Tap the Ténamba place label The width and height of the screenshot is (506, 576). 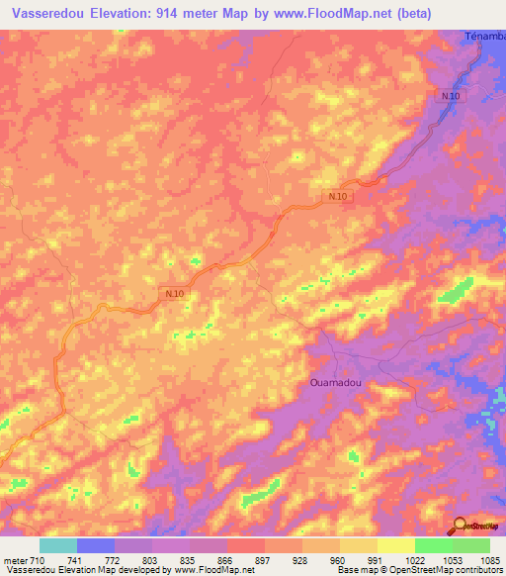click(485, 37)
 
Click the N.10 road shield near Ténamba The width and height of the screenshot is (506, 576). click(451, 95)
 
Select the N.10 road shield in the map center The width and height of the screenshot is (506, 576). click(338, 197)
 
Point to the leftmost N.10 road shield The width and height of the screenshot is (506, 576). click(175, 294)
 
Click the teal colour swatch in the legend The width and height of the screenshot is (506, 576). click(58, 545)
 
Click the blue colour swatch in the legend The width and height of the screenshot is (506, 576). click(96, 545)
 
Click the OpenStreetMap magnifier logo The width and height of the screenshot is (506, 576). click(460, 525)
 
